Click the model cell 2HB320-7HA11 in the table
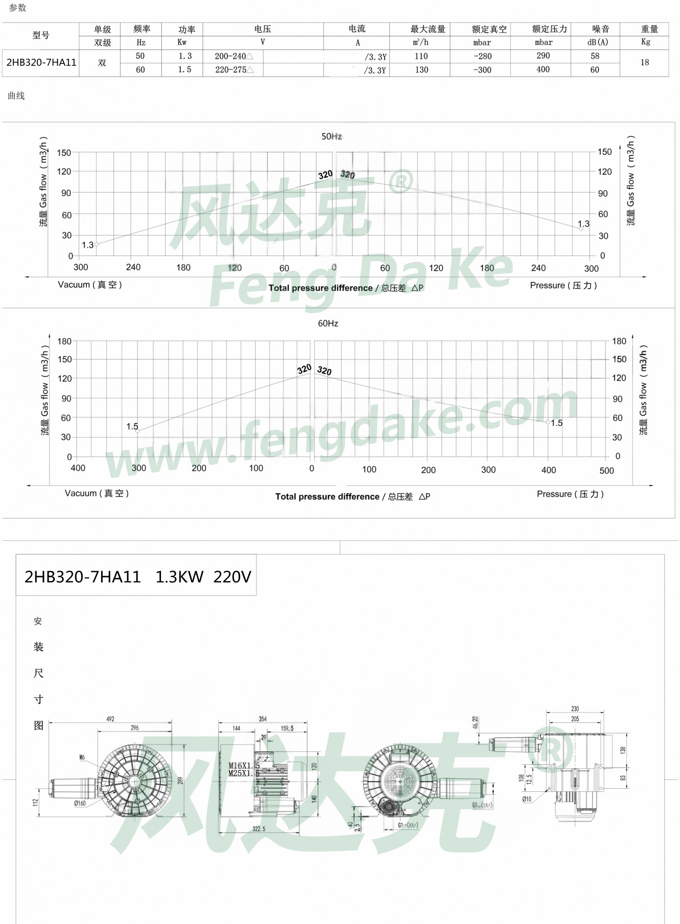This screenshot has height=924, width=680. [x=41, y=63]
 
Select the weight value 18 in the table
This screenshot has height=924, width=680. [x=644, y=62]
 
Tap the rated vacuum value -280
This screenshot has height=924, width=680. [x=482, y=56]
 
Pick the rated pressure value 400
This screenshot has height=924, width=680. [x=543, y=69]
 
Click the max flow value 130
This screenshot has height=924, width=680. [x=421, y=70]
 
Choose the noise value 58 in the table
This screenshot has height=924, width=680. [x=595, y=56]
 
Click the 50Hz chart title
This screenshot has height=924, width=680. [x=332, y=136]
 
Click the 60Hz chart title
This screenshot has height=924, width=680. [x=328, y=323]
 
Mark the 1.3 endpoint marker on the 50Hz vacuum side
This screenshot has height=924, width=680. [x=96, y=244]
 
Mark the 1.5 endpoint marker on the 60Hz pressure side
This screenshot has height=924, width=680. [x=548, y=422]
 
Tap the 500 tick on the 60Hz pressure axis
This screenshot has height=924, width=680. [x=606, y=470]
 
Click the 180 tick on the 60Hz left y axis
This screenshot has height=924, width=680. [x=64, y=341]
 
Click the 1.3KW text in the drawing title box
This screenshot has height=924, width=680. [x=179, y=577]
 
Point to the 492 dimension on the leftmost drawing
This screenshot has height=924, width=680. [x=110, y=719]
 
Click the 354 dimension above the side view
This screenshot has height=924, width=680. [x=263, y=719]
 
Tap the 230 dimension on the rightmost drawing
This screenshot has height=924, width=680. [x=575, y=708]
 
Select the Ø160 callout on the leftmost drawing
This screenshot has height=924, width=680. [x=80, y=803]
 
